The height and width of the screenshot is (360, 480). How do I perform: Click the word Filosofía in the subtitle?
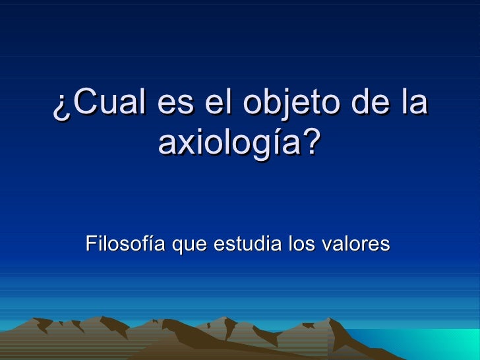tap(125, 245)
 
